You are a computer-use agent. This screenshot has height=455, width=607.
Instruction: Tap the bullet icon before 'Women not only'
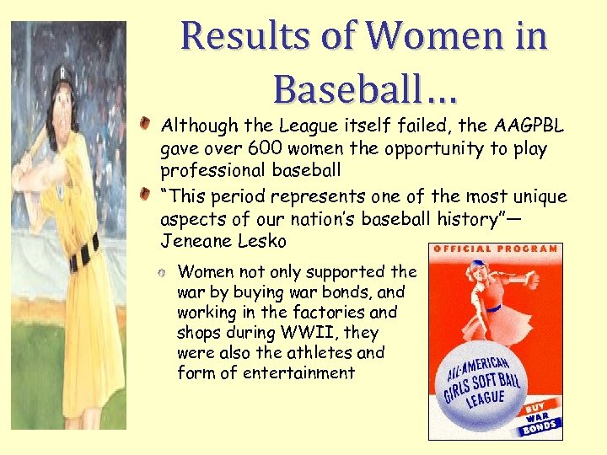(163, 272)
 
